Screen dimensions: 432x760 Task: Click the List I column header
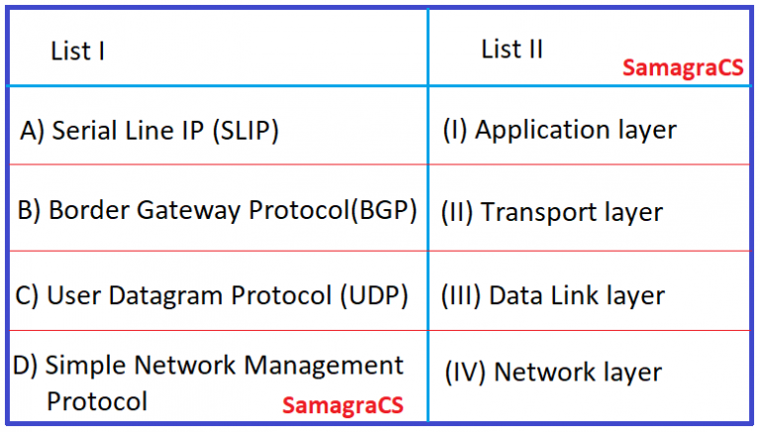point(78,52)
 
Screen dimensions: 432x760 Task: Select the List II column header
point(512,50)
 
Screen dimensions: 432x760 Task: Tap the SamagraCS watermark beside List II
point(683,68)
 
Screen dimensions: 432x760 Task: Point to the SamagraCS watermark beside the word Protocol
point(342,406)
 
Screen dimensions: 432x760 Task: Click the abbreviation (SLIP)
point(245,131)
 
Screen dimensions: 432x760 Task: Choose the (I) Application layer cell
point(559,130)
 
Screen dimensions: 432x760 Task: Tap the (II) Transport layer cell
point(551,212)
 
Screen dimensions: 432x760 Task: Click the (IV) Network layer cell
point(552,373)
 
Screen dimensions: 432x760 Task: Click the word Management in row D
point(324,366)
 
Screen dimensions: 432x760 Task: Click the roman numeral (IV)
point(464,373)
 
